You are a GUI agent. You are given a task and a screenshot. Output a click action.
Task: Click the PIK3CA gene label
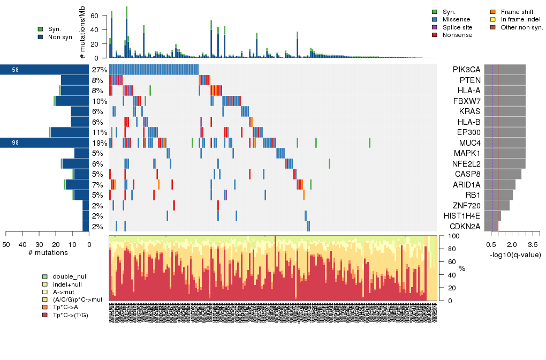[466, 70]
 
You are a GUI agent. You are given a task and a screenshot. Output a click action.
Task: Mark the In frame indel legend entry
[519, 19]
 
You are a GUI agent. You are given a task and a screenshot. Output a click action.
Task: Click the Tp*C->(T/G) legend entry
[71, 315]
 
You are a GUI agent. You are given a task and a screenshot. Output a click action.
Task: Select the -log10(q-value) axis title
[515, 255]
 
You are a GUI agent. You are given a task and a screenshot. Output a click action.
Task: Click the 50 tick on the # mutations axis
[6, 244]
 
